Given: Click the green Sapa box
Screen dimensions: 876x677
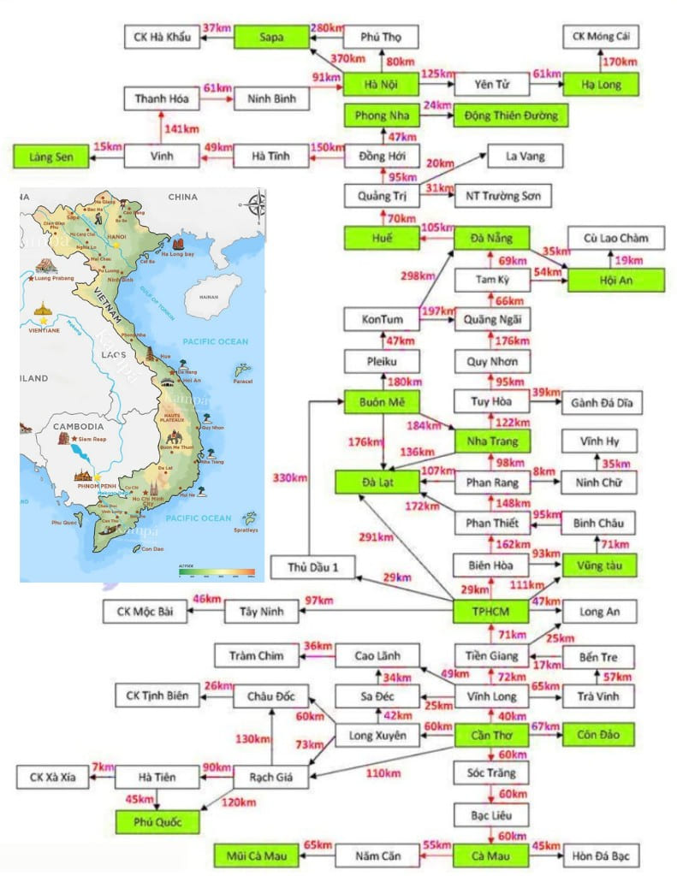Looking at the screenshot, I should click(x=271, y=37).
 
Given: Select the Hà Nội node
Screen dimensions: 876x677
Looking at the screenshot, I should click(x=381, y=84).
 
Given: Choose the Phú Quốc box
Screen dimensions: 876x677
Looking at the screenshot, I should click(x=159, y=822).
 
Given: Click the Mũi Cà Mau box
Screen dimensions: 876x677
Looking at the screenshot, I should click(x=254, y=854).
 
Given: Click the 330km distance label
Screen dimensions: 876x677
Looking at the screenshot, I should click(x=288, y=478).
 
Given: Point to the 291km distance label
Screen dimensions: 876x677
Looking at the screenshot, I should click(x=375, y=537).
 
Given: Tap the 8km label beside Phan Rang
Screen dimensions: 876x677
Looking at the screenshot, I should click(x=543, y=471).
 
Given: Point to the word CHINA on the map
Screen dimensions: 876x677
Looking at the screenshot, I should click(x=182, y=197).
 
